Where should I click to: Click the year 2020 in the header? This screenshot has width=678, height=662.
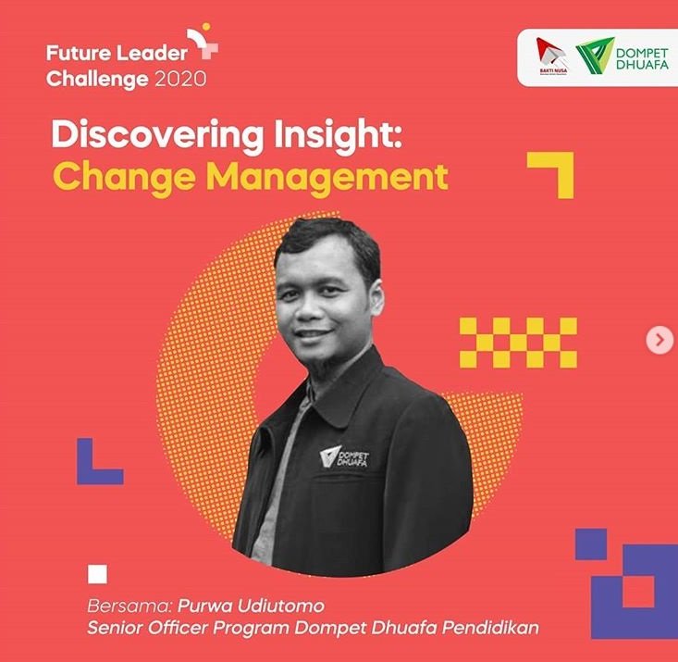pyautogui.click(x=180, y=79)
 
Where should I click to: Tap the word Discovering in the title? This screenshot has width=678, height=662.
pyautogui.click(x=157, y=135)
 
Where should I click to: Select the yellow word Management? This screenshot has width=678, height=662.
pyautogui.click(x=327, y=177)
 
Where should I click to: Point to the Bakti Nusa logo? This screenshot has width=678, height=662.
pyautogui.click(x=552, y=56)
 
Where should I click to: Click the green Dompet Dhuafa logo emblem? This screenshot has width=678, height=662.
pyautogui.click(x=595, y=56)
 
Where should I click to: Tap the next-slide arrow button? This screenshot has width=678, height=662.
pyautogui.click(x=660, y=340)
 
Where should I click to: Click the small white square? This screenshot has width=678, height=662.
pyautogui.click(x=98, y=575)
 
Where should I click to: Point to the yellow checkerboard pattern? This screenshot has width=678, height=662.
pyautogui.click(x=518, y=343)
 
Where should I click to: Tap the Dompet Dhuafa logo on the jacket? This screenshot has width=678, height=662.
pyautogui.click(x=345, y=457)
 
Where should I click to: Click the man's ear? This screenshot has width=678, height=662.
pyautogui.click(x=376, y=298)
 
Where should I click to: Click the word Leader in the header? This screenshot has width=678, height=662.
pyautogui.click(x=152, y=53)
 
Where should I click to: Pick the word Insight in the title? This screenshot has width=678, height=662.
pyautogui.click(x=339, y=135)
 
